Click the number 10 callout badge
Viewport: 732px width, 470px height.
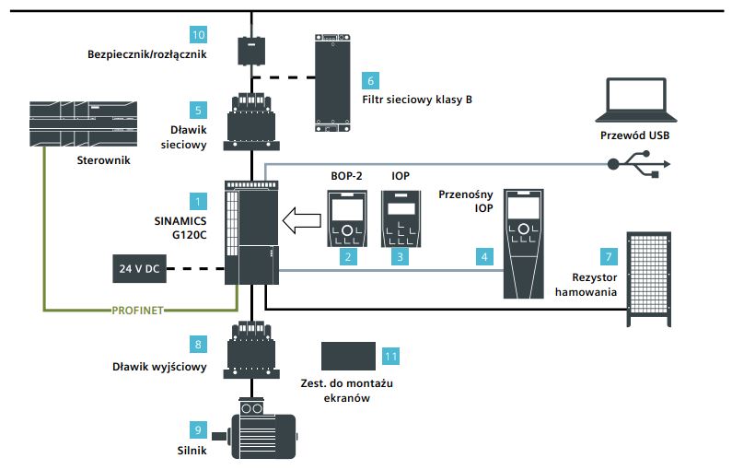click(x=199, y=35)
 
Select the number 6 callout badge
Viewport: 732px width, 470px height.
click(x=370, y=80)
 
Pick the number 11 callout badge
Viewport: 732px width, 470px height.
click(x=390, y=355)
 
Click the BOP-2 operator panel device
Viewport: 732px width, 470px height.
click(x=346, y=218)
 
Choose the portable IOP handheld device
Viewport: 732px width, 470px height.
click(x=524, y=242)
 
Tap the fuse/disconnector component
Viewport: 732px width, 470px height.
click(x=250, y=49)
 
